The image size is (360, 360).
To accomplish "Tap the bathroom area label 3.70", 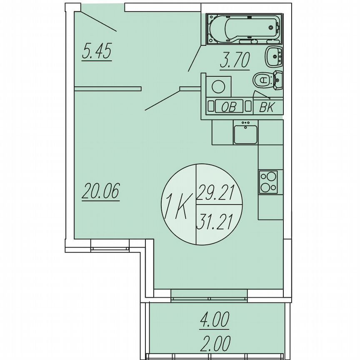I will click(235, 61).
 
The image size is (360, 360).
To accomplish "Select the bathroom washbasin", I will click(274, 56).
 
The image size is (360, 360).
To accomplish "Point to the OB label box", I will click(228, 107).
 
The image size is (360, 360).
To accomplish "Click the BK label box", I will click(266, 107).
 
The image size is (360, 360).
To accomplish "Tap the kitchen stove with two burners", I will click(269, 182).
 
